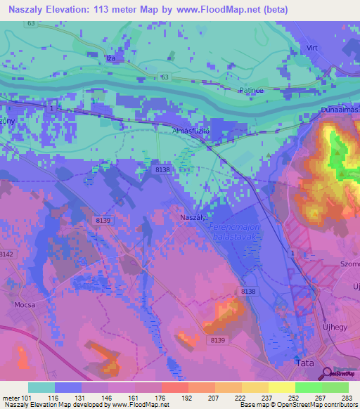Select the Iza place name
point(110,59)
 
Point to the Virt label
point(313,48)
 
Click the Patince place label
point(251,90)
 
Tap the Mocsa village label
point(25,306)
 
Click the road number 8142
point(6,254)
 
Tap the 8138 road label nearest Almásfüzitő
point(162,169)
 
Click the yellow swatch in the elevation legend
point(281,387)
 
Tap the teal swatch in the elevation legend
point(41,387)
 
